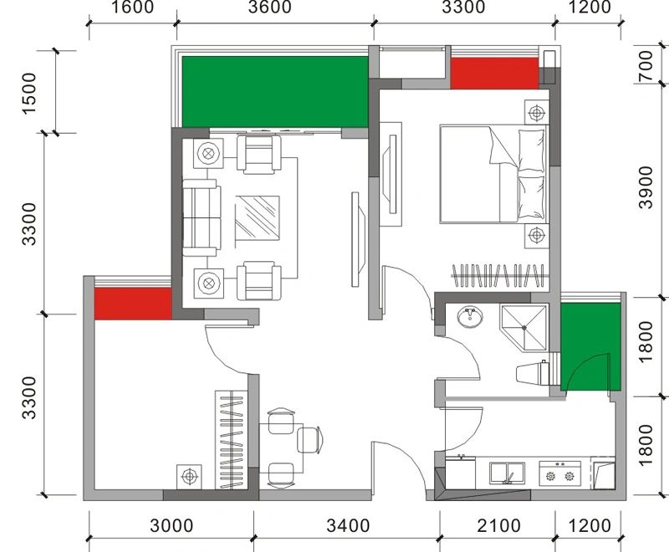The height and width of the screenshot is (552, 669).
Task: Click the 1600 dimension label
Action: point(133,7)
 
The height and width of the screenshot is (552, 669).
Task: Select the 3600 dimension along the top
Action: point(269,7)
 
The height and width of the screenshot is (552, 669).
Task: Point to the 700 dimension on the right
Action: point(646,66)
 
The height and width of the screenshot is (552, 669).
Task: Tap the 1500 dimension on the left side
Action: point(29,94)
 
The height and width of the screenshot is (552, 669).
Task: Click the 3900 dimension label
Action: point(646,187)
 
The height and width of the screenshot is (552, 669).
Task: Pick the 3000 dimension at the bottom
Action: point(171,525)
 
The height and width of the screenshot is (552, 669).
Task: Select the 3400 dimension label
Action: point(348,525)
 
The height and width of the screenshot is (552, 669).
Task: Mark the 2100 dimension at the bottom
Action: point(498,525)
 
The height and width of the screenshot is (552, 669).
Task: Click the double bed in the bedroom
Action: point(493,174)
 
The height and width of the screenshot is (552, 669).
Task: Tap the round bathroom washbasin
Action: point(470,317)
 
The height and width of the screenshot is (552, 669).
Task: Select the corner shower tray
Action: point(523,328)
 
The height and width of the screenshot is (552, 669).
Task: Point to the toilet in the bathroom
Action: point(533,374)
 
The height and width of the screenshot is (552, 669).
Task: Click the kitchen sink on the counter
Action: point(508,473)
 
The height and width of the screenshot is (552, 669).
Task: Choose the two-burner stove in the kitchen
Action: point(559,473)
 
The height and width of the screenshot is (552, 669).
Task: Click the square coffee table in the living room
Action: point(258,218)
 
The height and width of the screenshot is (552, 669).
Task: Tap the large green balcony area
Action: point(275,92)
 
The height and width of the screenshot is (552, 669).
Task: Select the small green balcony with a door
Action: point(590,347)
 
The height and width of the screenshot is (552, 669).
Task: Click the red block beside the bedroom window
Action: point(494,74)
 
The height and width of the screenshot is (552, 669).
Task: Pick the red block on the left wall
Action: point(133,304)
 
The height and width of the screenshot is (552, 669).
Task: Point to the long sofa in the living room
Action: point(202,217)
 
